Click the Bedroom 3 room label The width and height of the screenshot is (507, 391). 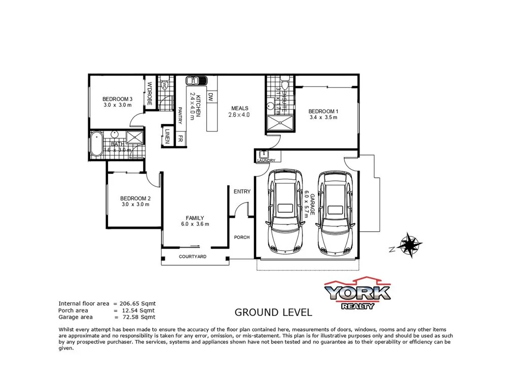(117, 99)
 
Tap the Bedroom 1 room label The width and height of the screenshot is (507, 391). (323, 111)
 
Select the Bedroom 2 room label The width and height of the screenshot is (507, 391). (135, 198)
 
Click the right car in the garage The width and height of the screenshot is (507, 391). (335, 213)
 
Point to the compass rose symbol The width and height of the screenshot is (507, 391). (409, 245)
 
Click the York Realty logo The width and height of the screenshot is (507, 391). (357, 293)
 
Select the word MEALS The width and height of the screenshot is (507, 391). (239, 108)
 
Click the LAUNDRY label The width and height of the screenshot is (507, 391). (265, 161)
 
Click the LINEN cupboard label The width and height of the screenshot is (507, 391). (167, 135)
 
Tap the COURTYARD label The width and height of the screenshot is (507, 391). (193, 257)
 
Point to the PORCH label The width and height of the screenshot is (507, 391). (241, 237)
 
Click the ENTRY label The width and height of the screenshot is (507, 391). (242, 191)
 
